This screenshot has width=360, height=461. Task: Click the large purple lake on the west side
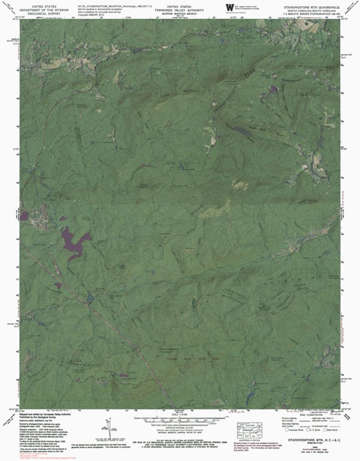pos(74,242)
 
